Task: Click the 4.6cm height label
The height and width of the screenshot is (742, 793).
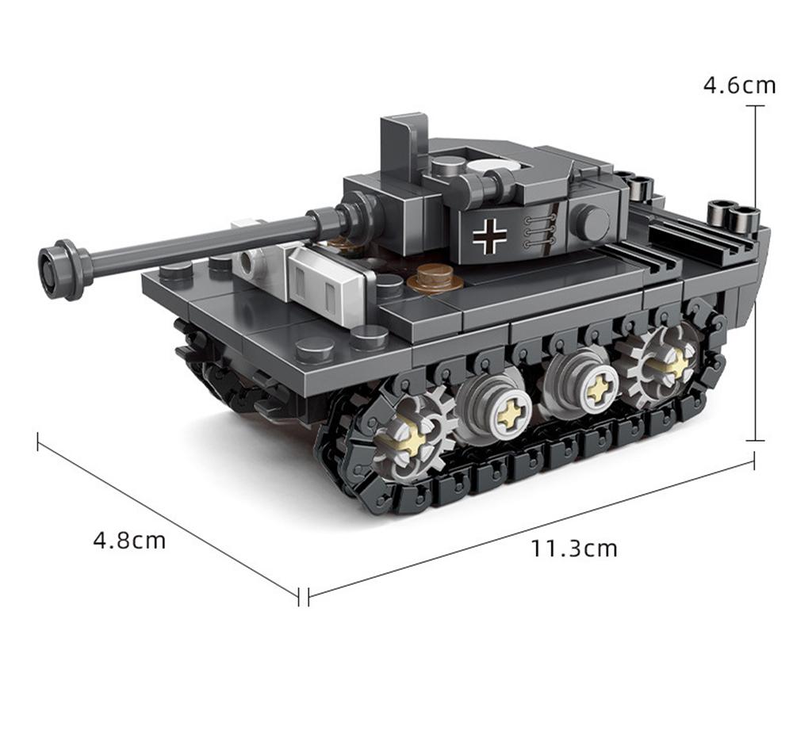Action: click(739, 85)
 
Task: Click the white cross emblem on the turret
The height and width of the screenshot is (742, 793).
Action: click(489, 235)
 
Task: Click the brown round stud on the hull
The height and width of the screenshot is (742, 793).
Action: click(435, 277)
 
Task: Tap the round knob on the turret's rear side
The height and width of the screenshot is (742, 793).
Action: click(591, 223)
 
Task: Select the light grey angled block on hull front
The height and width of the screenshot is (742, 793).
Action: click(327, 278)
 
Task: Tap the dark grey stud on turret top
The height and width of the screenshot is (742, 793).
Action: click(448, 166)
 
